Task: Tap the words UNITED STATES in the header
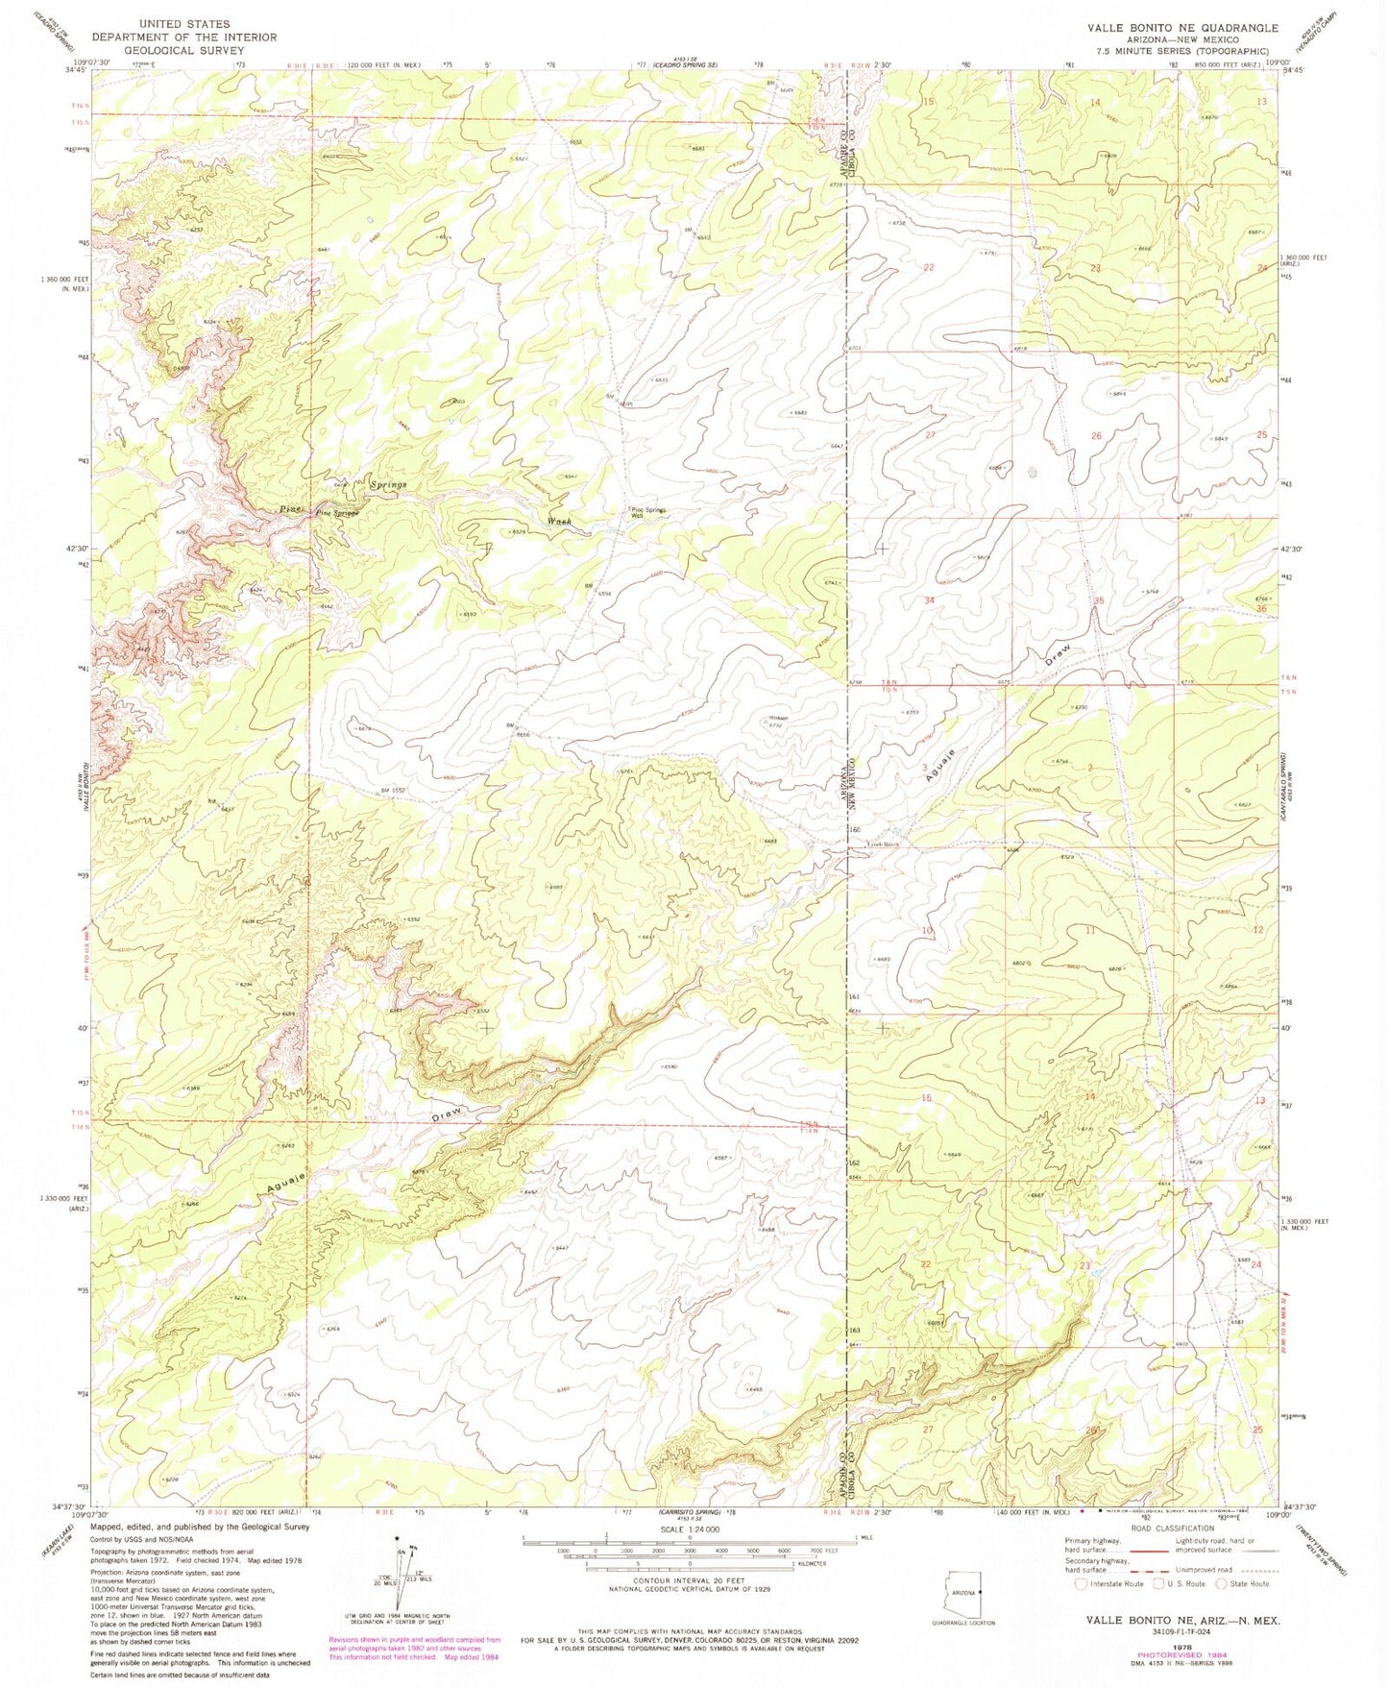[184, 23]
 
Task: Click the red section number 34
[929, 600]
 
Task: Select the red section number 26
[1096, 436]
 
